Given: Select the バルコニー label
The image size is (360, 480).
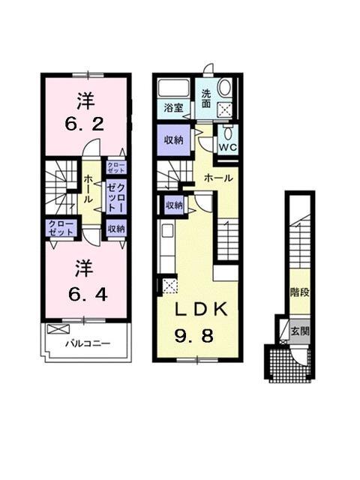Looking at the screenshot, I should (87, 344).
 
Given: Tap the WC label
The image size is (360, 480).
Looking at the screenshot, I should (227, 146).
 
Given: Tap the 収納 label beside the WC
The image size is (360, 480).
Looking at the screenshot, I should (174, 139).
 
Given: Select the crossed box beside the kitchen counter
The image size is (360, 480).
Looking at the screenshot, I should (169, 285).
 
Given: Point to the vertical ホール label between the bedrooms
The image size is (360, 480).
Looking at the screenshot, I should (89, 184).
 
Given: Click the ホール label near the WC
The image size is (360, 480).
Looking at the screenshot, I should (217, 178).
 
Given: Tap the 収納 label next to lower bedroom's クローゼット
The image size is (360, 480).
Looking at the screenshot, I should (115, 229).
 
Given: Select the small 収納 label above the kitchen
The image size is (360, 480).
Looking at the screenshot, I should (174, 205).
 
